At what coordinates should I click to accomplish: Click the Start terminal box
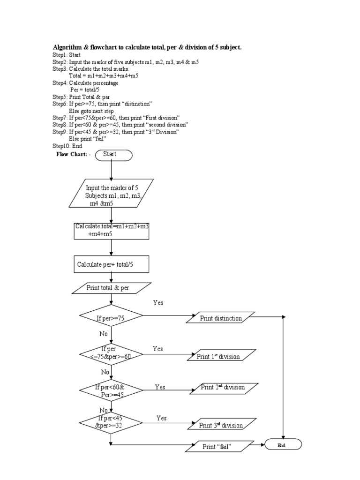(x=114, y=155)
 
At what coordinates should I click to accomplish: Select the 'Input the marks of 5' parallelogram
(x=112, y=193)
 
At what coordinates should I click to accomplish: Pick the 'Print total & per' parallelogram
(x=112, y=288)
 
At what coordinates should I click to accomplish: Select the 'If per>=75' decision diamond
(x=111, y=318)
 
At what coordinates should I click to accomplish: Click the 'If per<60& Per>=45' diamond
(x=111, y=391)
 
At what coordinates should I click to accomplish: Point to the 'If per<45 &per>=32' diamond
(x=111, y=422)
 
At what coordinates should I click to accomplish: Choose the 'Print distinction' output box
(x=221, y=318)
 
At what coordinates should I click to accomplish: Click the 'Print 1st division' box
(x=222, y=356)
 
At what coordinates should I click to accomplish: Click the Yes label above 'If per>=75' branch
(x=158, y=303)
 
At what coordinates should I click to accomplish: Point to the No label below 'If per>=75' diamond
(x=104, y=334)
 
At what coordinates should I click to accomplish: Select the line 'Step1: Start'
(x=67, y=55)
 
